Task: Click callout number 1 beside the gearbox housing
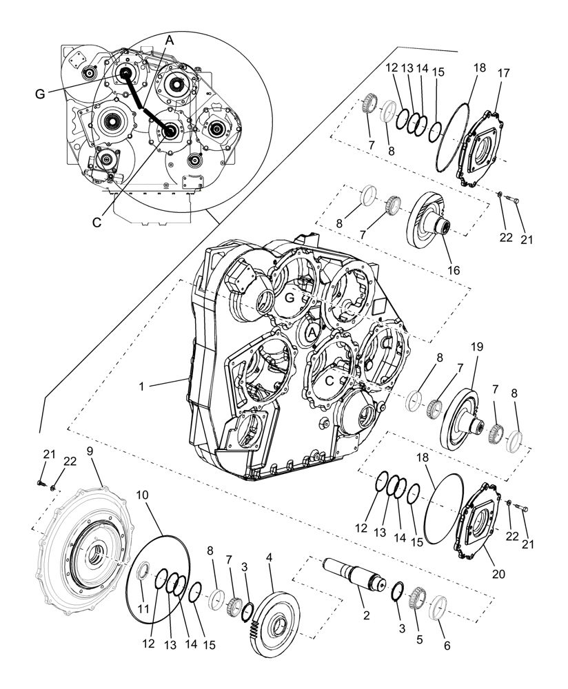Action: click(x=141, y=387)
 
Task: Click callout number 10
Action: click(x=142, y=495)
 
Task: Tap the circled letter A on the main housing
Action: click(x=312, y=332)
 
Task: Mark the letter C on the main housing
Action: click(x=329, y=380)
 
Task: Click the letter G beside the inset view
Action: click(x=40, y=94)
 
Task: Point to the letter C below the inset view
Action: click(x=97, y=222)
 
